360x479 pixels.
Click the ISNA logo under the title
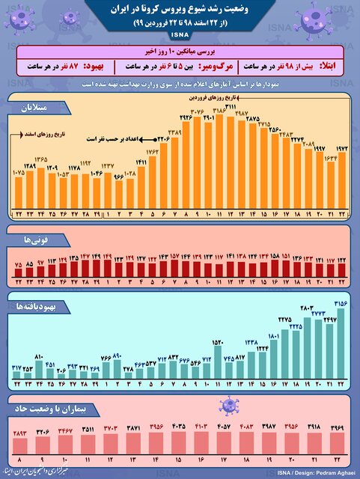tap(180, 35)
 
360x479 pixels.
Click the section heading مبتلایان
tap(32, 109)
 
